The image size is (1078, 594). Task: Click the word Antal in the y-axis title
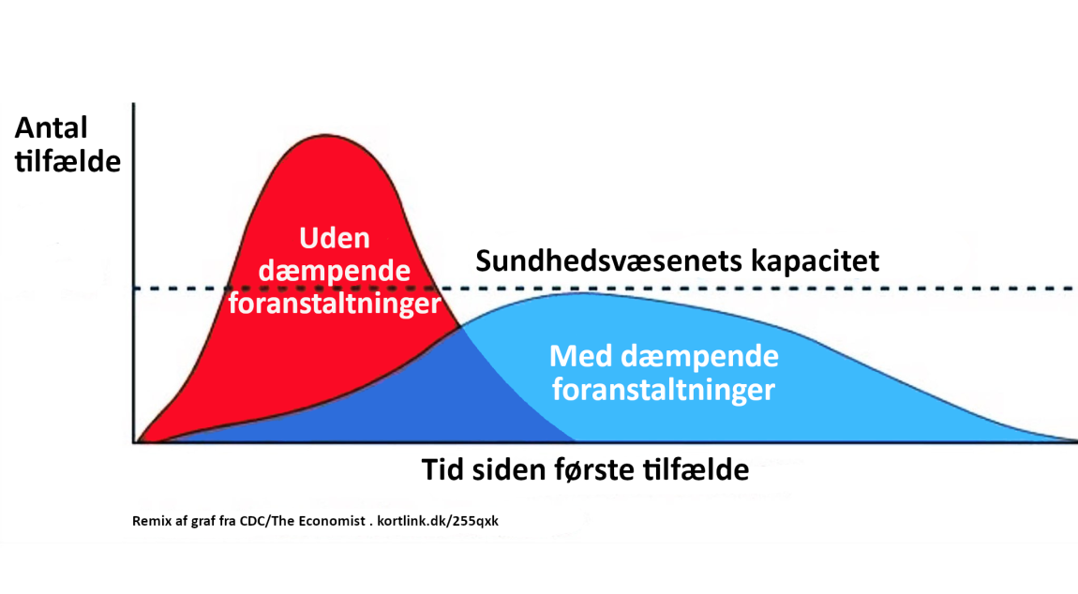(52, 127)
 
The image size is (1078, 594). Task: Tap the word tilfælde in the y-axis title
(68, 161)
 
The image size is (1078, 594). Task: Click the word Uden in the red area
(335, 238)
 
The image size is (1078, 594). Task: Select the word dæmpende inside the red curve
(335, 271)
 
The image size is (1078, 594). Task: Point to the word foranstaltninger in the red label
(335, 303)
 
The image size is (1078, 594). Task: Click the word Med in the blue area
(581, 356)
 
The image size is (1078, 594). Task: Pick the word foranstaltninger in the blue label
(664, 390)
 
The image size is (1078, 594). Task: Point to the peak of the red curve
(326, 136)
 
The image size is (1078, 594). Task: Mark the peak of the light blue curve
(583, 293)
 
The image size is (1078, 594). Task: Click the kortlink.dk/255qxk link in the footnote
(438, 521)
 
